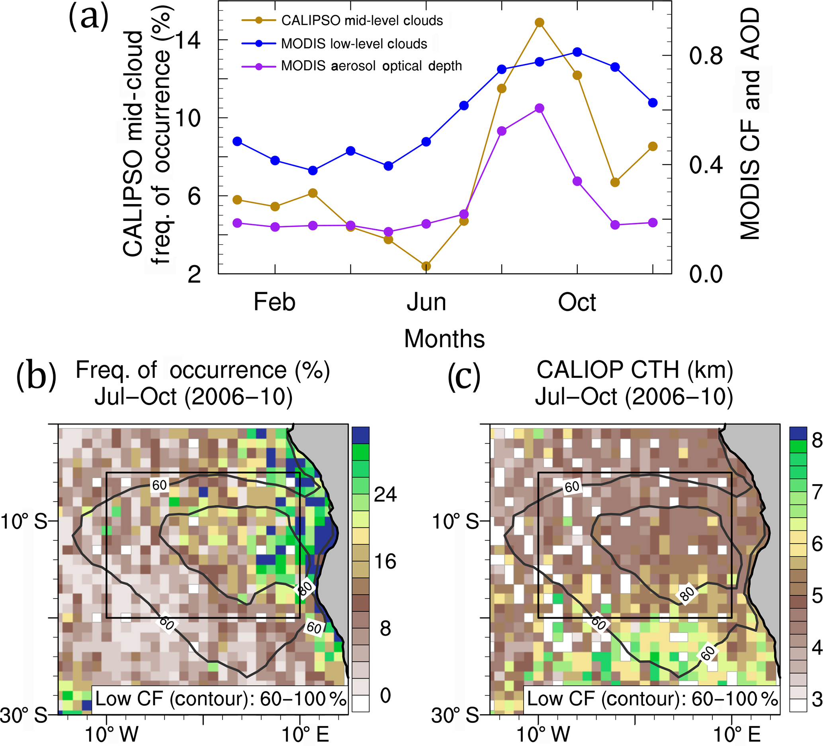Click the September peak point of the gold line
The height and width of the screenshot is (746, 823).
539,22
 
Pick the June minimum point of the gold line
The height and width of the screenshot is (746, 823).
426,266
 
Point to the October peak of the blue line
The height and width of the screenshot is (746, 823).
577,52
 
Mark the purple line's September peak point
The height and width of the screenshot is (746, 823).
539,108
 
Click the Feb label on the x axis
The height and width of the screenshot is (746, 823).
274,302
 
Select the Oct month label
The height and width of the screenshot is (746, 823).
577,302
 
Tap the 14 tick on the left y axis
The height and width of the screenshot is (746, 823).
188,40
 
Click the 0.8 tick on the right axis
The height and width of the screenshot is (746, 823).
706,55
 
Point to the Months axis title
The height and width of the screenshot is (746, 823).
444,339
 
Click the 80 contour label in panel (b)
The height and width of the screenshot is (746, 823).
305,589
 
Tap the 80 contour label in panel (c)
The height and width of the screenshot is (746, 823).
687,594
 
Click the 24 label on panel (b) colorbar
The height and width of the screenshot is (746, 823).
385,494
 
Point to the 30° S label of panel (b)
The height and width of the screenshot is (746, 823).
23,715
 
